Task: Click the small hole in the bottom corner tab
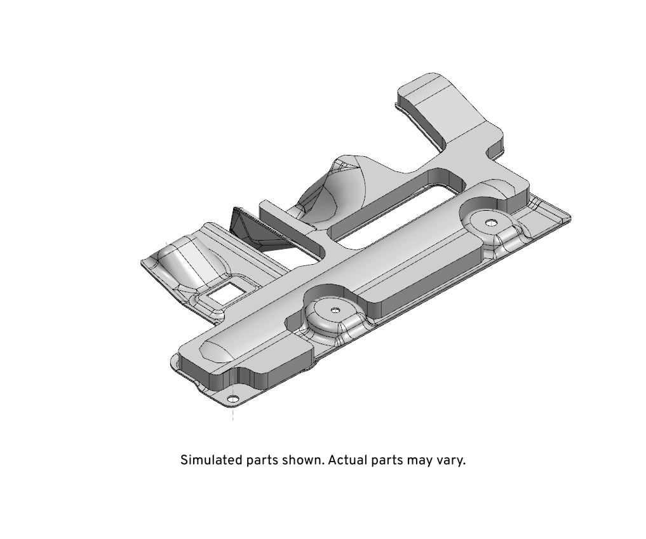tap(234, 399)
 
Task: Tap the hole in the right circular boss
tap(490, 222)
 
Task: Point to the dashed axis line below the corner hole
tap(233, 412)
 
